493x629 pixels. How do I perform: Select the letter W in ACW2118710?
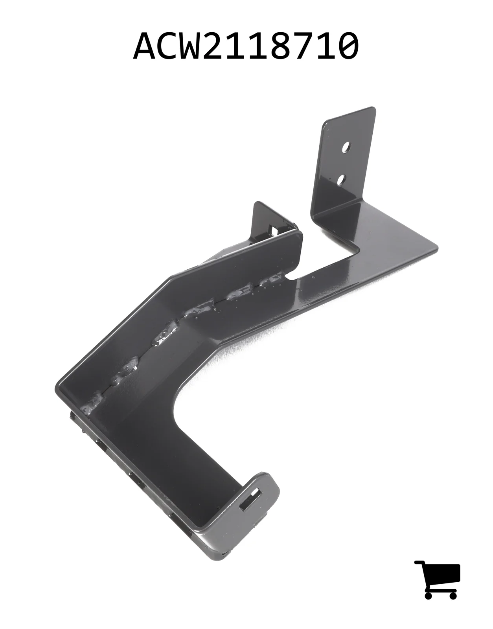[x=195, y=46]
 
